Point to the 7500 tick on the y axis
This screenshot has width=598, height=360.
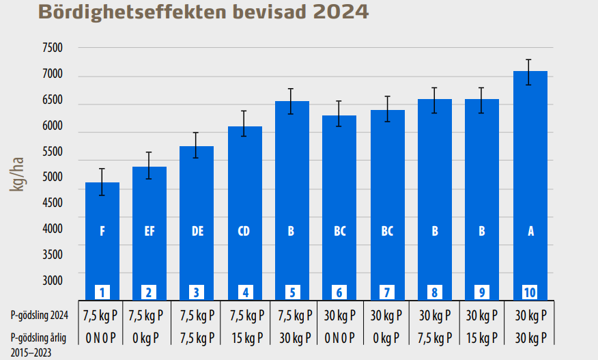(x=52, y=48)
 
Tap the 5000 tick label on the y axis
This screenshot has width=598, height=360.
(x=52, y=178)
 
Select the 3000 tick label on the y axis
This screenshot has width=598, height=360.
(x=52, y=281)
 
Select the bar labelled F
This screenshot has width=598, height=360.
(x=102, y=239)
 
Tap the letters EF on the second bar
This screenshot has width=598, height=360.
(x=149, y=231)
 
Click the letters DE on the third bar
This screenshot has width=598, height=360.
(x=197, y=231)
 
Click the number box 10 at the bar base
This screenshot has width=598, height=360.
(x=530, y=292)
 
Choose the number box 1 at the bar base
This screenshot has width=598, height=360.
(x=102, y=292)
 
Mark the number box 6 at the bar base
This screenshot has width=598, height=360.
(x=339, y=292)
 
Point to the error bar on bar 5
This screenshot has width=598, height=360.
(x=291, y=101)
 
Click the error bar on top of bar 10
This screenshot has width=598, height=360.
(x=529, y=72)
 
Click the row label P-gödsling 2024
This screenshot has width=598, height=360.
(x=40, y=316)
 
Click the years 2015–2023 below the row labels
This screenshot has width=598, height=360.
(x=30, y=352)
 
